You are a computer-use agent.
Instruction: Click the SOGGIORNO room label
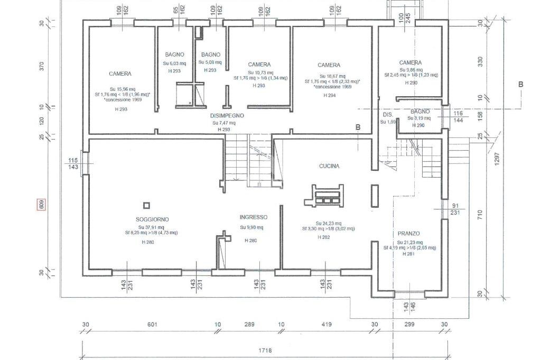(152, 219)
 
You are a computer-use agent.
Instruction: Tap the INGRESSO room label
(254, 217)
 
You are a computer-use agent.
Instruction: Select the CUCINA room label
(329, 166)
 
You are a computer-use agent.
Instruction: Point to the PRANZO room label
(408, 234)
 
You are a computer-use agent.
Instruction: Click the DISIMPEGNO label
(227, 116)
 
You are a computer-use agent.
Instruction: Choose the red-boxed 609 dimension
(41, 205)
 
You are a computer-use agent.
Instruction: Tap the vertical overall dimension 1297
(497, 156)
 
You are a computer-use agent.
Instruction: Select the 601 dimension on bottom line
(153, 325)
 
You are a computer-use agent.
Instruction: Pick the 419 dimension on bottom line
(326, 325)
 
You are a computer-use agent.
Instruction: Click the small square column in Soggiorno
(146, 206)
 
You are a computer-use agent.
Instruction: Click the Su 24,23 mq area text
(329, 223)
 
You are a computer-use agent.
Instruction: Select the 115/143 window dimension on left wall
(73, 164)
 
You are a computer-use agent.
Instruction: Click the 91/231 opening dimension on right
(455, 209)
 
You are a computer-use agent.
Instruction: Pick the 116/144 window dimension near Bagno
(458, 117)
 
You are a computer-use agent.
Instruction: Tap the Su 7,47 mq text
(224, 123)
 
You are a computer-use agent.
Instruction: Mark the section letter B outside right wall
(520, 85)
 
